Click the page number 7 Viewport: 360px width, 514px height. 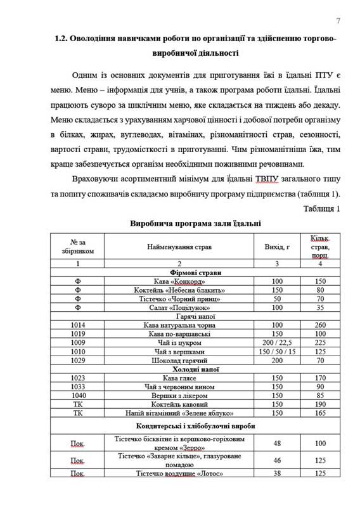[338, 21]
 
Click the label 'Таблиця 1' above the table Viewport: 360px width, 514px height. [322, 209]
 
